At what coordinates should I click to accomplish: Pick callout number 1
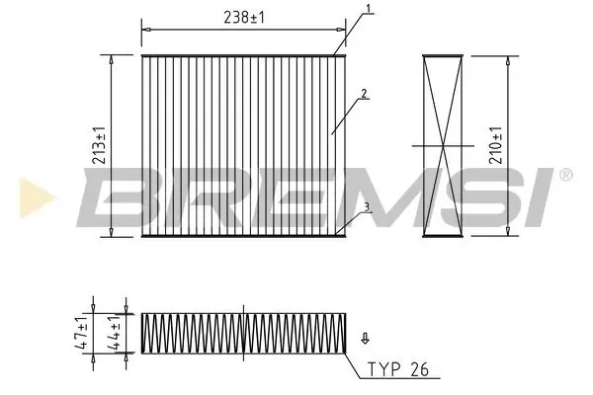coord(367,10)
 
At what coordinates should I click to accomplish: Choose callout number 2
coord(365,95)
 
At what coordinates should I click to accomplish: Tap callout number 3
coord(366,207)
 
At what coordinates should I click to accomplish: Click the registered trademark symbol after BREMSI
coord(565,175)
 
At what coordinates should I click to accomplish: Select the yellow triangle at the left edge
coord(27,197)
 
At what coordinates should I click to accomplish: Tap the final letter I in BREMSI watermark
coord(541,196)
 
